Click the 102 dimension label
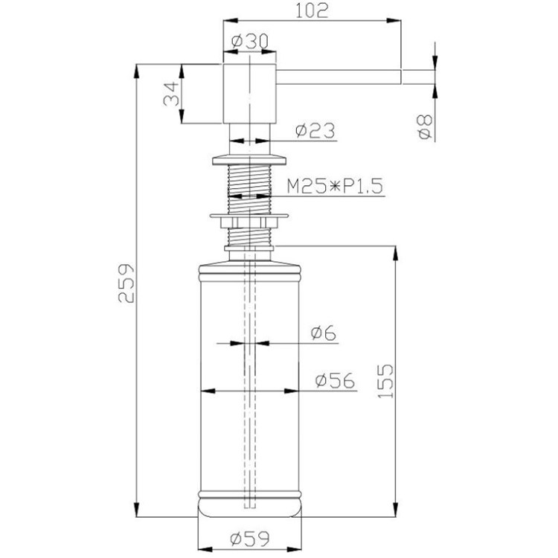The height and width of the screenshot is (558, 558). point(312,10)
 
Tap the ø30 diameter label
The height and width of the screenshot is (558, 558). point(249,42)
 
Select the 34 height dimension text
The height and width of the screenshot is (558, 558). point(172,94)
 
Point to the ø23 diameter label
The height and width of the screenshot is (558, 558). point(315,131)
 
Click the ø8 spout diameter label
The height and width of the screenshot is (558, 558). point(426,127)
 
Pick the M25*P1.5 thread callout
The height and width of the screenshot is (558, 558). point(335,186)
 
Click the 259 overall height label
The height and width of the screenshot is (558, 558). point(126,283)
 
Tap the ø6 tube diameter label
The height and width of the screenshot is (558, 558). point(324,333)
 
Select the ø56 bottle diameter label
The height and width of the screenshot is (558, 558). point(336,380)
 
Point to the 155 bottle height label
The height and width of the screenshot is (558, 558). point(385,381)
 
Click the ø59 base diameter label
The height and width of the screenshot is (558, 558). point(250,539)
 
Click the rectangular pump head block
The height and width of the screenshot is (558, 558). point(249,94)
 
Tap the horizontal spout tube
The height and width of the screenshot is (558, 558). point(339,77)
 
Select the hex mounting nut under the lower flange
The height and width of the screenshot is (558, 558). point(249,222)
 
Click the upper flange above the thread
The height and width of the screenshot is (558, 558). point(249,160)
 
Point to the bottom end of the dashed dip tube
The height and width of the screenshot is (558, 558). point(250,507)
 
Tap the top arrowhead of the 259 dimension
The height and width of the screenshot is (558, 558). point(136,71)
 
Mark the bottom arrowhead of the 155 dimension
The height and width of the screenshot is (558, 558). point(395,510)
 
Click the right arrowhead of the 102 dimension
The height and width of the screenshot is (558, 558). point(394,21)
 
